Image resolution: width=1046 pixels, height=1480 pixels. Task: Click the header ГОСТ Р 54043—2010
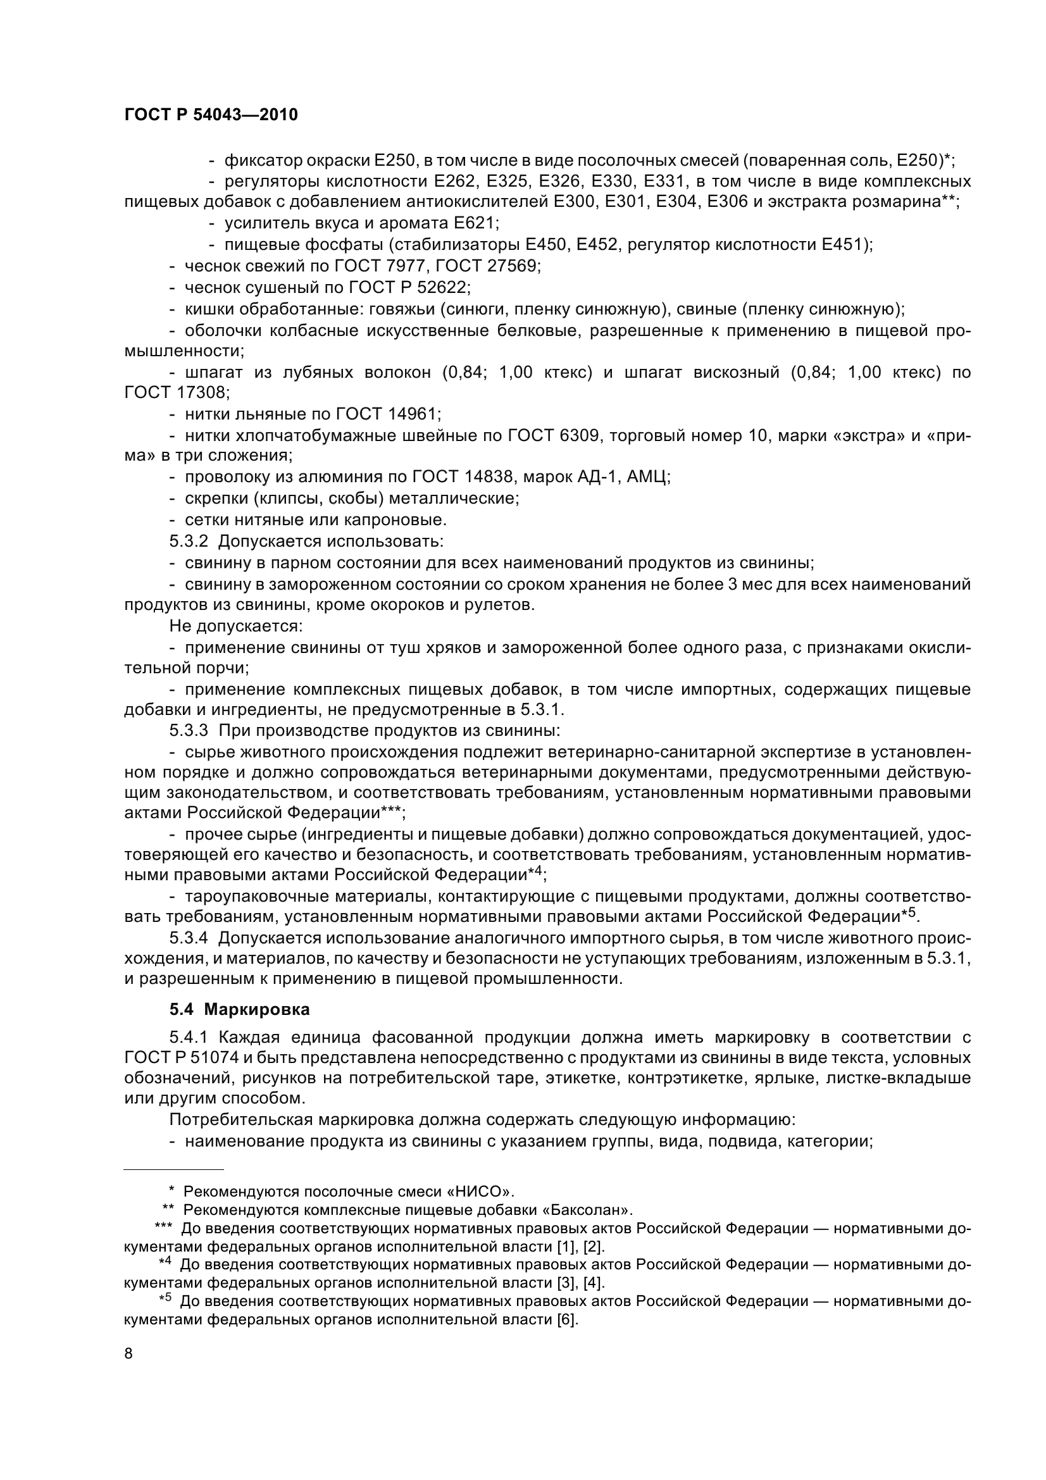(x=211, y=115)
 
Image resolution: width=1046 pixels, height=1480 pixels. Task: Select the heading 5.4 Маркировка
(x=239, y=1009)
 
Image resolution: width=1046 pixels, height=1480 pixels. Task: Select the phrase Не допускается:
(x=236, y=626)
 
